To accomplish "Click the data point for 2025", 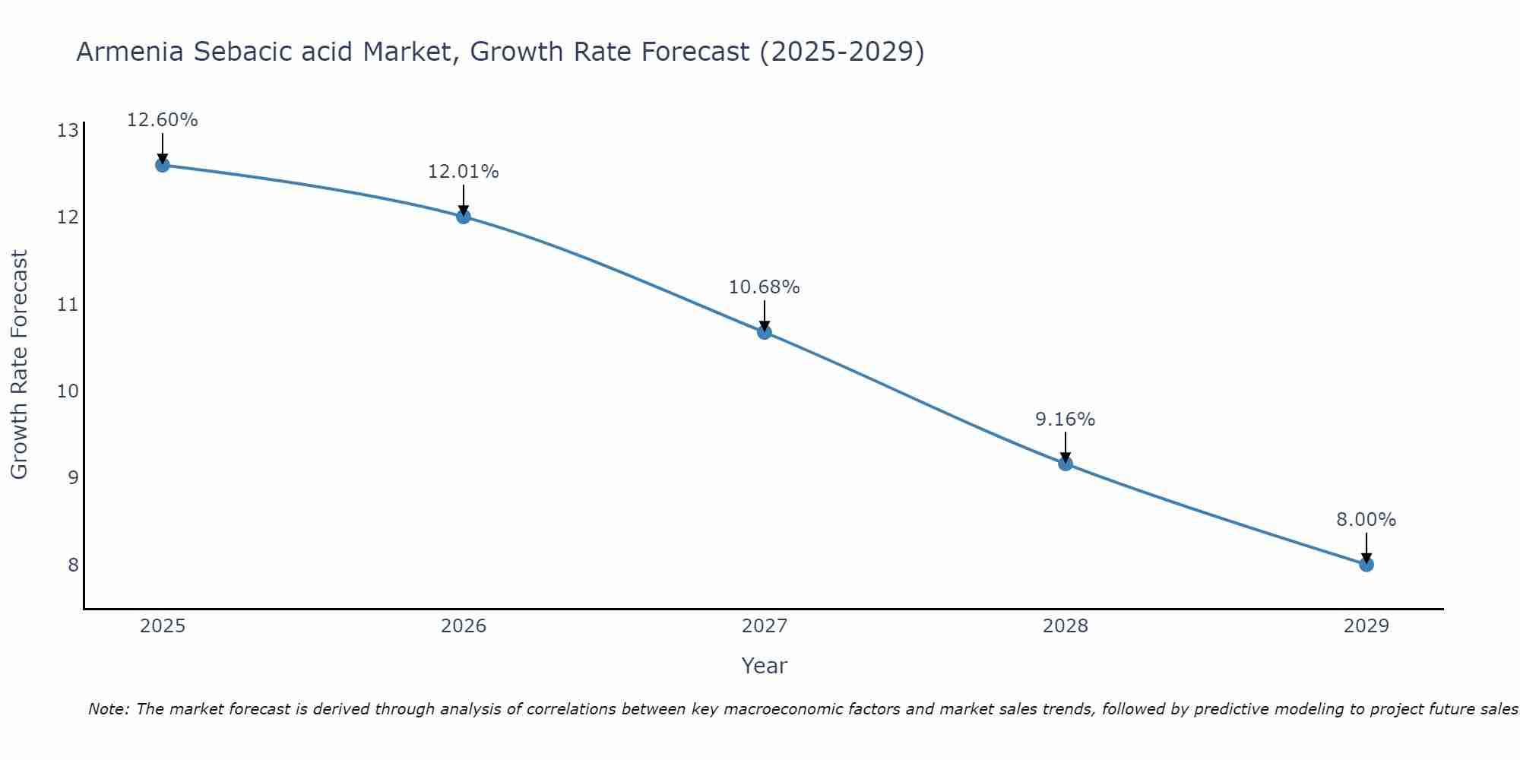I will pyautogui.click(x=162, y=165).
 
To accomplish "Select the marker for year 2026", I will pyautogui.click(x=463, y=217).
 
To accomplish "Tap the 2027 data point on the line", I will pyautogui.click(x=764, y=332).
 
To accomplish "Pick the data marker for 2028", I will pyautogui.click(x=1065, y=464).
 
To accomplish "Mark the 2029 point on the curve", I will pyautogui.click(x=1366, y=565).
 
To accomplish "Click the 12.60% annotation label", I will pyautogui.click(x=162, y=120).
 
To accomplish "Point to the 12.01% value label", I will pyautogui.click(x=463, y=172).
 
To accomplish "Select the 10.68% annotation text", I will pyautogui.click(x=764, y=287).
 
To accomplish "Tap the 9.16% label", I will pyautogui.click(x=1065, y=420).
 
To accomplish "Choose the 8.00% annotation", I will pyautogui.click(x=1366, y=520).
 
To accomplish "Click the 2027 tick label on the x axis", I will pyautogui.click(x=764, y=626).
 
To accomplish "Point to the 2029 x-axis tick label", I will pyautogui.click(x=1366, y=626).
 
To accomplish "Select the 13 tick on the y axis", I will pyautogui.click(x=68, y=131).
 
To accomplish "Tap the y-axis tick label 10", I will pyautogui.click(x=68, y=391).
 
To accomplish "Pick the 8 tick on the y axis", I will pyautogui.click(x=73, y=565).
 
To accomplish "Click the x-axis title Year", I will pyautogui.click(x=764, y=666).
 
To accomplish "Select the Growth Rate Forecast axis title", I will pyautogui.click(x=19, y=365).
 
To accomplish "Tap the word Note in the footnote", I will pyautogui.click(x=108, y=709).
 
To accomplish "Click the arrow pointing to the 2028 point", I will pyautogui.click(x=1065, y=447).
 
